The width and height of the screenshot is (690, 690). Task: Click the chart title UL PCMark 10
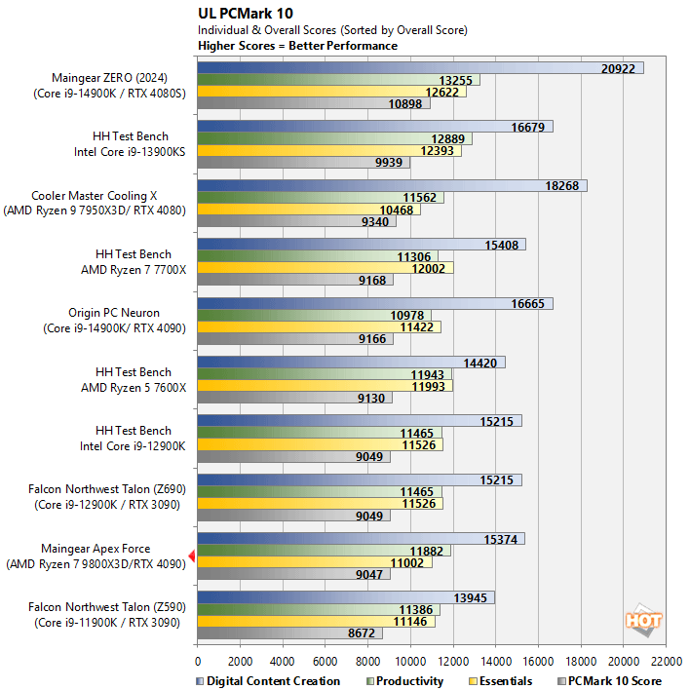(245, 14)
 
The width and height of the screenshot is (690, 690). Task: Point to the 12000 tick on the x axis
(453, 658)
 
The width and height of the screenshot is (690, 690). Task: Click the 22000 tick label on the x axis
(667, 658)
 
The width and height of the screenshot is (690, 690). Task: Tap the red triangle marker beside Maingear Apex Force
(192, 556)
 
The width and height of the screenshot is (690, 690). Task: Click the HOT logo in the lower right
(643, 620)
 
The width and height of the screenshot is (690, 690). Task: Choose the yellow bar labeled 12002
(325, 268)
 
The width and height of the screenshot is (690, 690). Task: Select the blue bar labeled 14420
(351, 363)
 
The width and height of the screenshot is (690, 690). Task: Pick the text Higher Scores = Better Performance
(297, 46)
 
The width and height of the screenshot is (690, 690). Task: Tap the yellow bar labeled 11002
(314, 562)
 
